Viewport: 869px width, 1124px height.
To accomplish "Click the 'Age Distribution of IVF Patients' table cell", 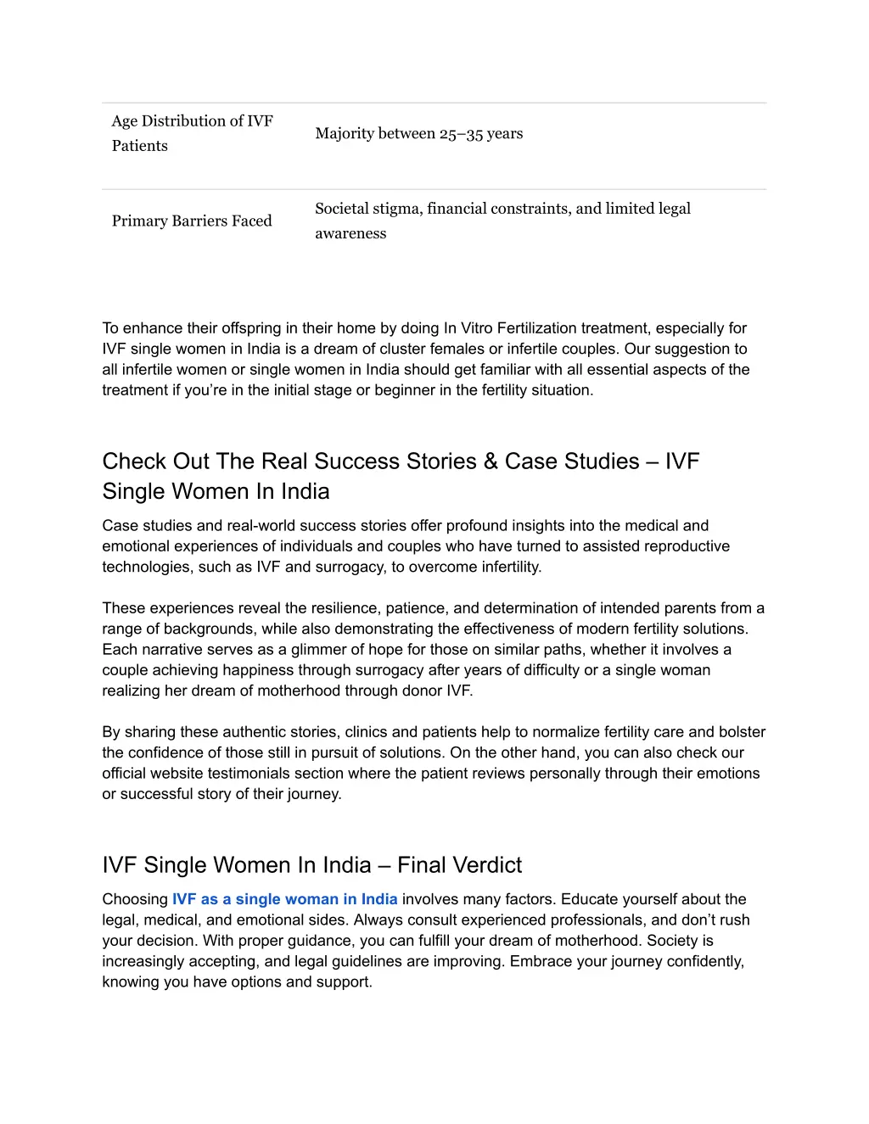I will pyautogui.click(x=193, y=133).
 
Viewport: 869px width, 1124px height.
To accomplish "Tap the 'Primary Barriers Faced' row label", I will pyautogui.click(x=192, y=221).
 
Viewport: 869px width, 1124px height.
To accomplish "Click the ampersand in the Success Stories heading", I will pyautogui.click(x=491, y=461).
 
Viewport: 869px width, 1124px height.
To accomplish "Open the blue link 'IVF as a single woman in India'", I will pyautogui.click(x=284, y=899).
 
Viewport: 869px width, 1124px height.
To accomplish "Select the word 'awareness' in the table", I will pyautogui.click(x=350, y=234).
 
